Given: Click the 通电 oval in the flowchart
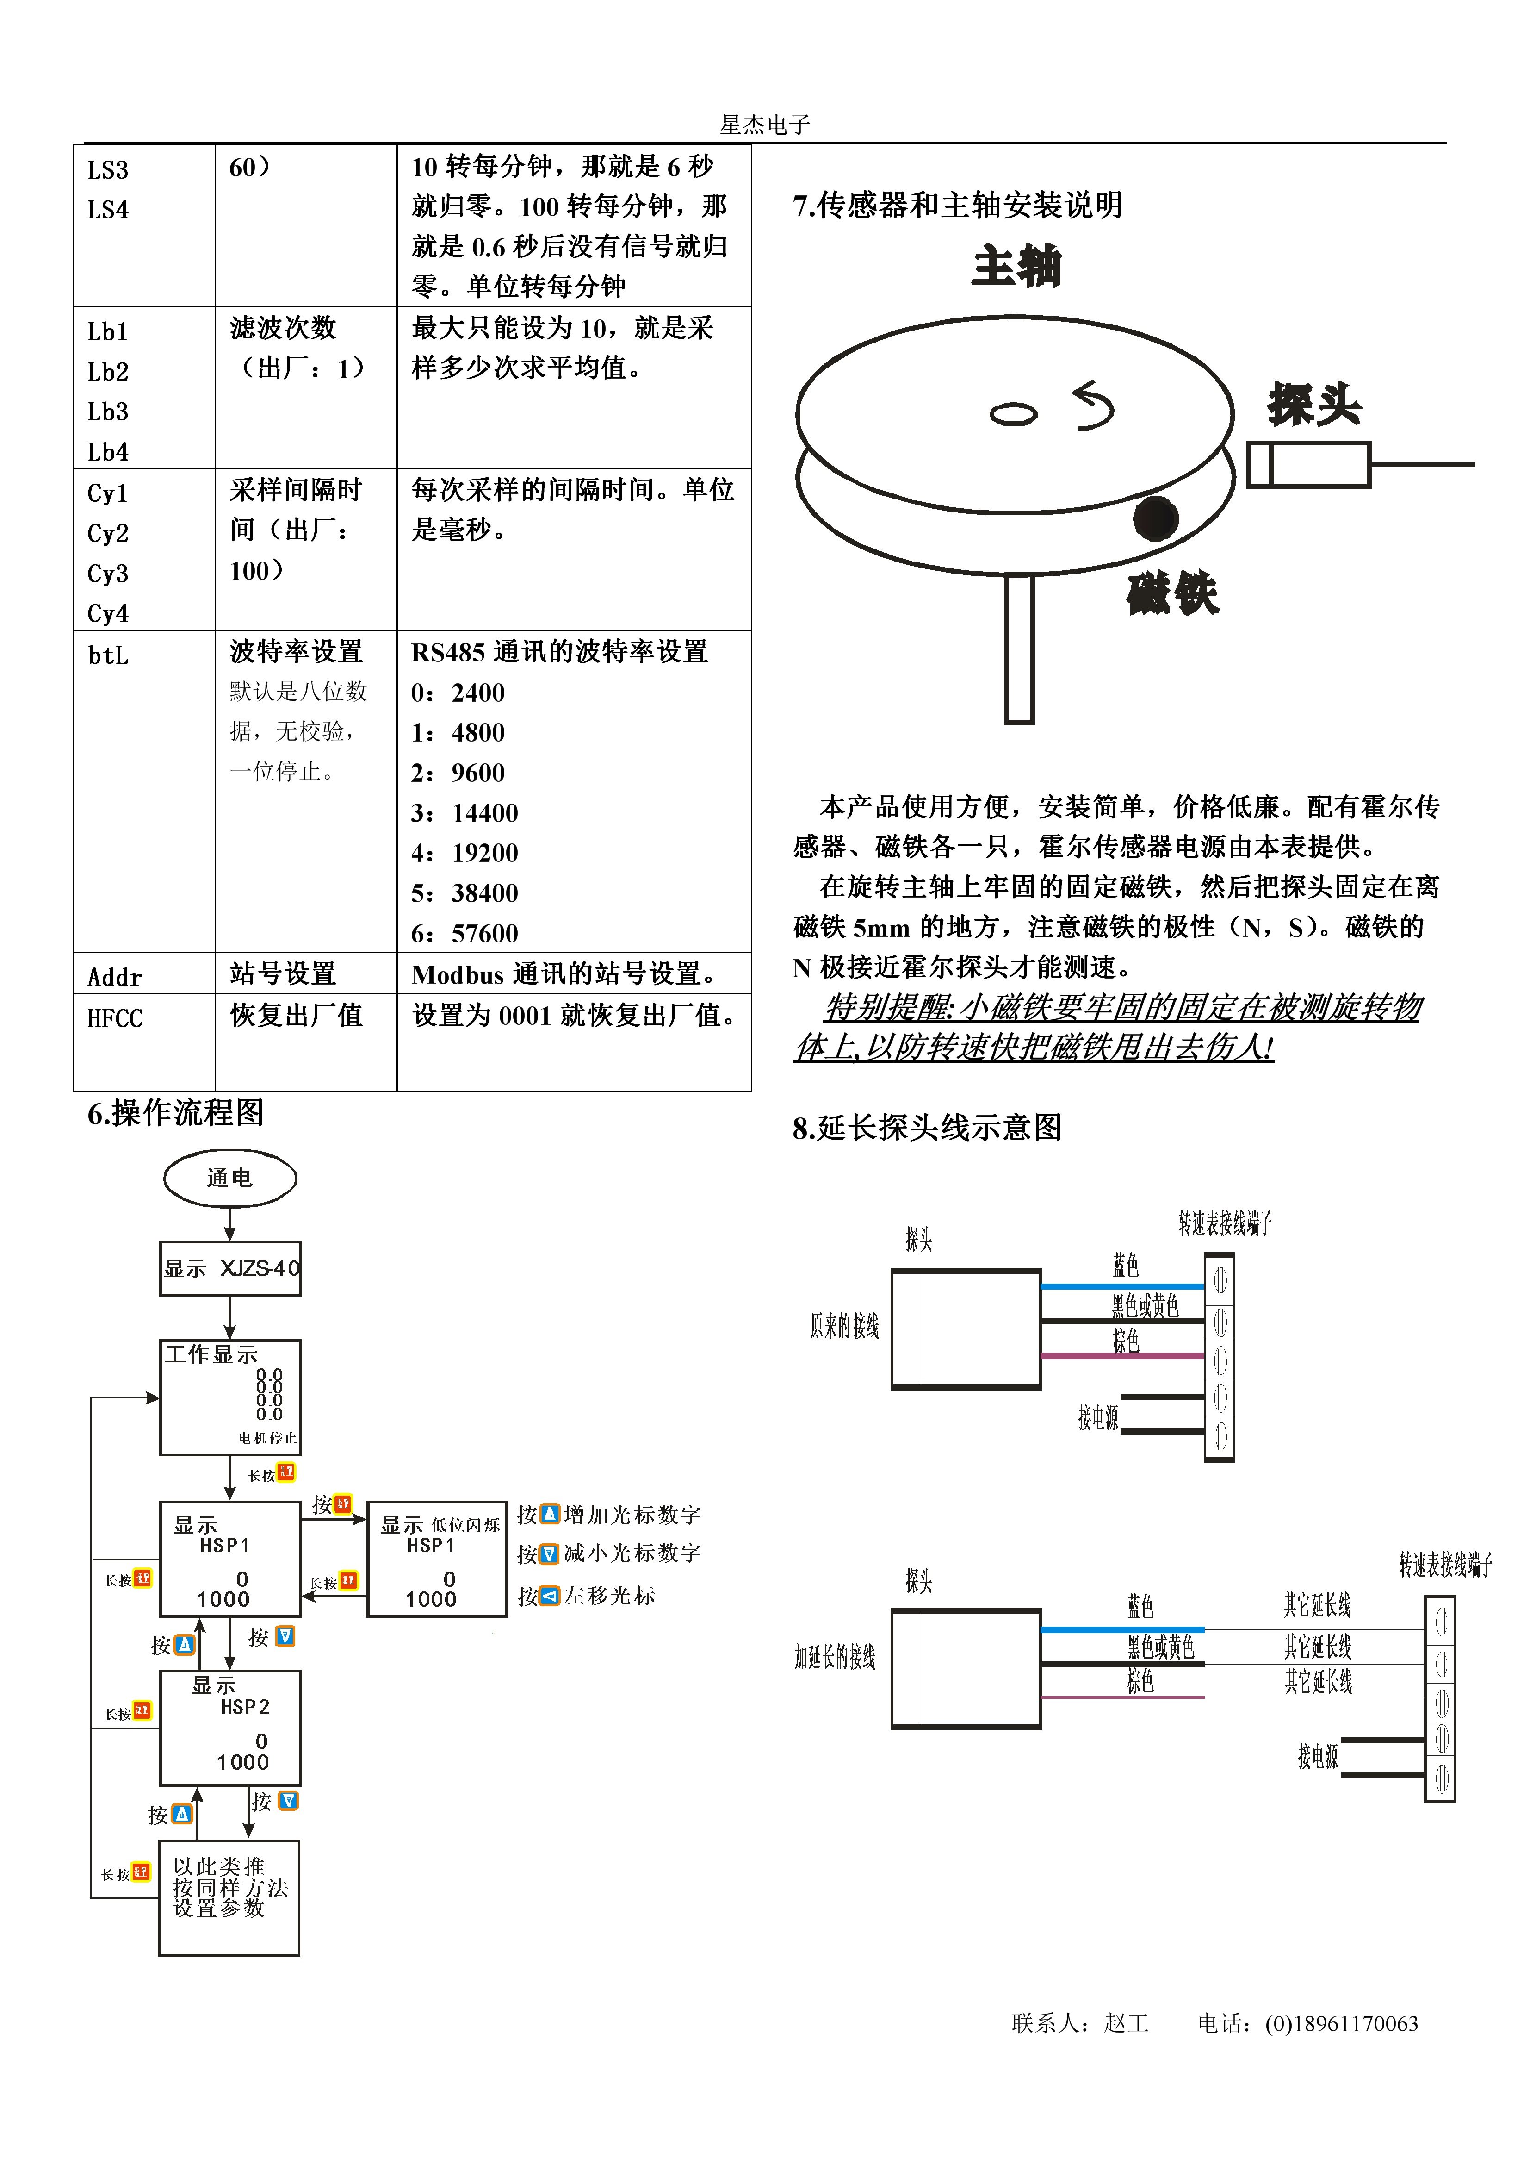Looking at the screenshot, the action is point(230,1178).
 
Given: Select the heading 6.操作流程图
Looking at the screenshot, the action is point(175,1114).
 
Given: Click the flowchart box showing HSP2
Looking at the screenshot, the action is point(230,1728).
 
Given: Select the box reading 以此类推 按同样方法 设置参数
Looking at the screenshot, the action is point(229,1897).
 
